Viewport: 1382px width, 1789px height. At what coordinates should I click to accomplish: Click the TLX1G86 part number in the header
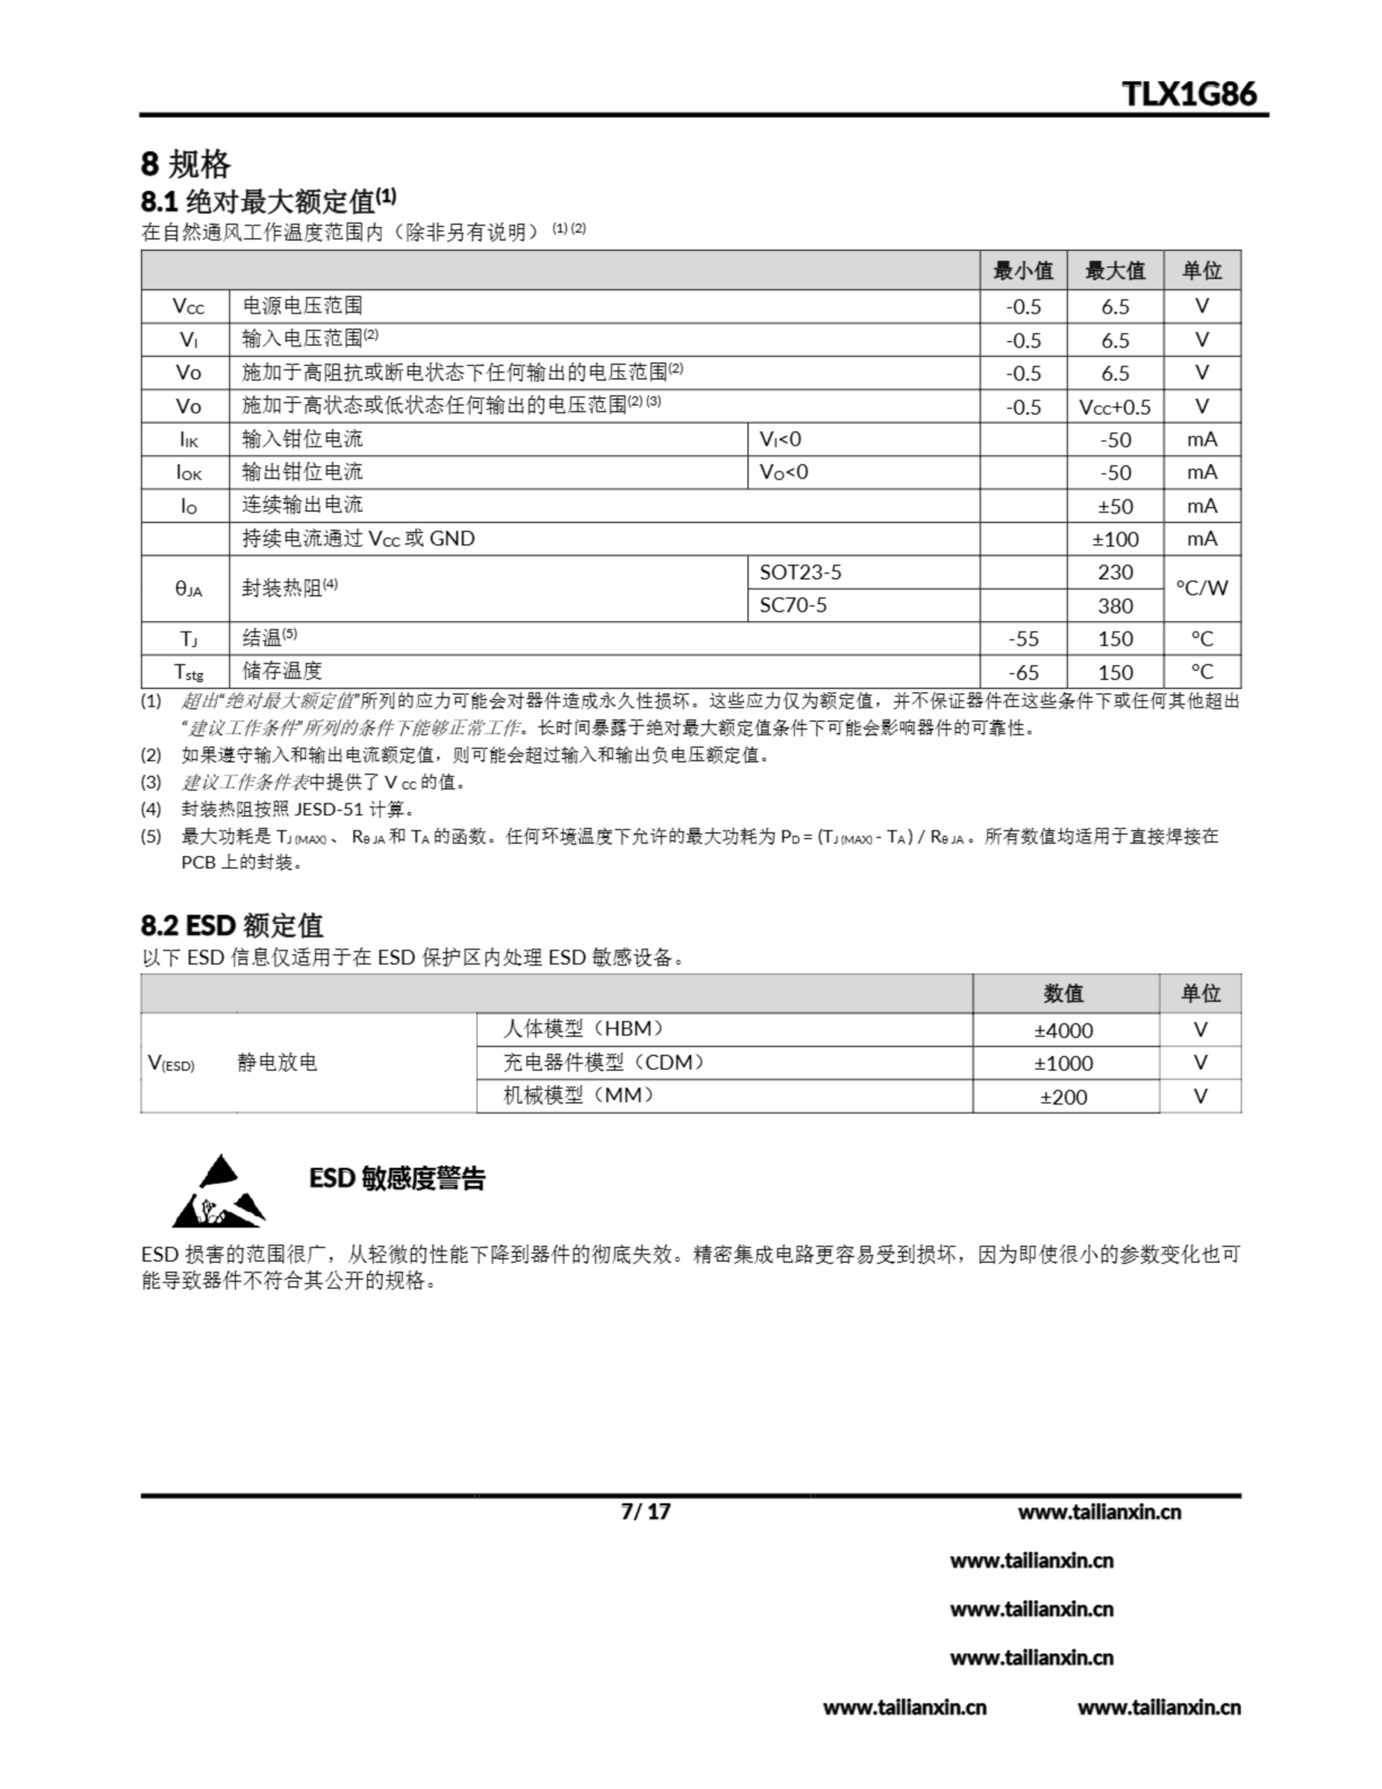tap(1188, 94)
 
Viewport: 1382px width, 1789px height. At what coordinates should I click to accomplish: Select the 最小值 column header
tap(1023, 270)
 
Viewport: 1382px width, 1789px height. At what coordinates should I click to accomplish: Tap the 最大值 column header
tap(1115, 270)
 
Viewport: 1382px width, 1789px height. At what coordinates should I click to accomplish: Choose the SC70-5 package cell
tap(793, 605)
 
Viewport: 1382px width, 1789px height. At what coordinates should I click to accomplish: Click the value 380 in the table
tap(1115, 606)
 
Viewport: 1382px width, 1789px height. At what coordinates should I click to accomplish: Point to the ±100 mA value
tap(1115, 539)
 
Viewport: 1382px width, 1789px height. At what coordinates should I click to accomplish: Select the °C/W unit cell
tap(1202, 588)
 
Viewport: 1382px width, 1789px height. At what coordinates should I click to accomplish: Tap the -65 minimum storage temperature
tap(1023, 672)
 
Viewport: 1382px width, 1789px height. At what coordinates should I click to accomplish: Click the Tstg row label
tap(188, 672)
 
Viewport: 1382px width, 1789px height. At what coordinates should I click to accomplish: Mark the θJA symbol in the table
tap(188, 589)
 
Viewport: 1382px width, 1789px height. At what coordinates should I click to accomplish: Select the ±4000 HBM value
tap(1063, 1031)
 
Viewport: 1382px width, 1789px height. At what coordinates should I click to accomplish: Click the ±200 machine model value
tap(1063, 1097)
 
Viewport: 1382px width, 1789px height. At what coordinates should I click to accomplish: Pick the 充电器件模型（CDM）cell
tap(604, 1063)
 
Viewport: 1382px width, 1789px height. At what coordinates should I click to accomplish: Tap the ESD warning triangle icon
tap(218, 1192)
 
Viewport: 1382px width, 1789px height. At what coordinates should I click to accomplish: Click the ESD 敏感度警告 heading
tap(398, 1179)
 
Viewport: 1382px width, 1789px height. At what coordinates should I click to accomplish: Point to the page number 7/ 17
tap(646, 1512)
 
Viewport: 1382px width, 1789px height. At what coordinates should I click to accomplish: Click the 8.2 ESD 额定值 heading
tap(232, 926)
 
